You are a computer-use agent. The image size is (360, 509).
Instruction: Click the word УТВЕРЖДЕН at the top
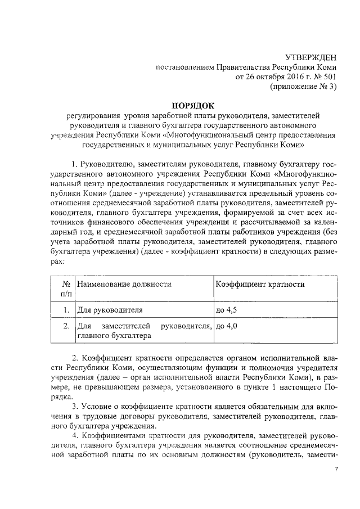coord(312,57)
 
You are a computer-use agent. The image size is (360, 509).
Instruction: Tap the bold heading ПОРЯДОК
coord(194,105)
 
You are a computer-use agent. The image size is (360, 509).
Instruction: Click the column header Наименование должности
coord(124,284)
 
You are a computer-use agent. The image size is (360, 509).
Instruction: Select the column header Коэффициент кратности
coord(260,284)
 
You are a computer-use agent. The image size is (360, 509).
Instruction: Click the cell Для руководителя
coord(104,310)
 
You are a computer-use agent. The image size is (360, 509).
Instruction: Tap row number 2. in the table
coord(65,326)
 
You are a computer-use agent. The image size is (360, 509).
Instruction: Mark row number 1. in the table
coord(65,310)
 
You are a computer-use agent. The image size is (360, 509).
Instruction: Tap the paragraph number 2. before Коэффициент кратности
coord(75,357)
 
